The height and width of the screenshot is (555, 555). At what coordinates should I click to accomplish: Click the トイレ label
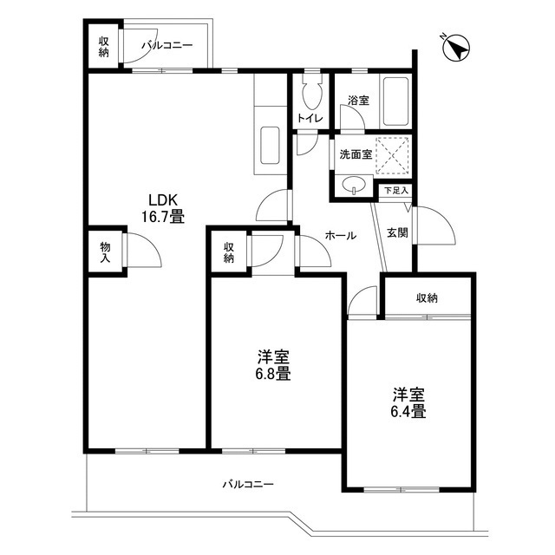[310, 118]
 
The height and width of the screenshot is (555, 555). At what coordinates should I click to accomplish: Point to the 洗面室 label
[356, 154]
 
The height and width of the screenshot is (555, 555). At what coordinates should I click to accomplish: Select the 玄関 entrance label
[398, 233]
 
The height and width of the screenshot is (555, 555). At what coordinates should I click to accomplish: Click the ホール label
[340, 235]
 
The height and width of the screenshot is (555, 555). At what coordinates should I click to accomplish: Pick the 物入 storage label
[105, 252]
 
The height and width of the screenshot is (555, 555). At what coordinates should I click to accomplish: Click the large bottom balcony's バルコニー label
[248, 484]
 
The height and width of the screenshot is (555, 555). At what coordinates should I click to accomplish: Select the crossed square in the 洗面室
[393, 154]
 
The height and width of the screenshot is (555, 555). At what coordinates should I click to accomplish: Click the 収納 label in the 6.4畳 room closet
[427, 298]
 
